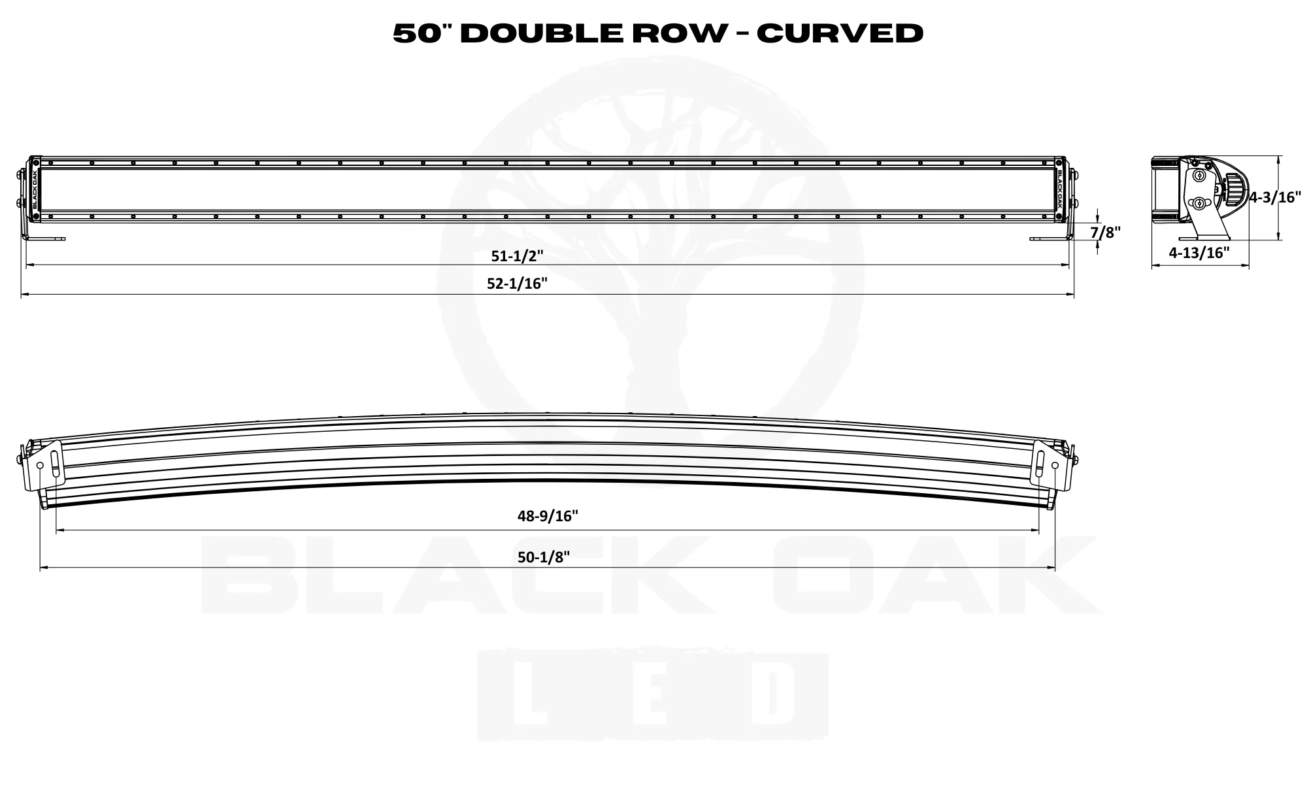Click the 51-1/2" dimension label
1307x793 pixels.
(517, 256)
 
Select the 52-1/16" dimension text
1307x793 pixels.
(517, 283)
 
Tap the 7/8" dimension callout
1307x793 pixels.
(1105, 232)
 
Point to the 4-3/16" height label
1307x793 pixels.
(1275, 197)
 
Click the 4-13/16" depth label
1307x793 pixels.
(1199, 253)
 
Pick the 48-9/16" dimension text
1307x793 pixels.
(548, 516)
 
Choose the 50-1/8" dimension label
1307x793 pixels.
(544, 557)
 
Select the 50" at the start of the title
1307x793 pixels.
(422, 33)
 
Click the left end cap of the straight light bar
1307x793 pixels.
(35, 189)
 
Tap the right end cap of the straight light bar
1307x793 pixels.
(1059, 189)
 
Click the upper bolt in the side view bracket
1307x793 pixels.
(1200, 176)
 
